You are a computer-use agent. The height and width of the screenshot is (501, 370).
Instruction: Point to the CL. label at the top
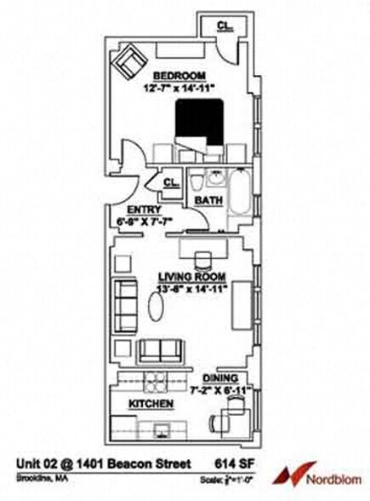224,26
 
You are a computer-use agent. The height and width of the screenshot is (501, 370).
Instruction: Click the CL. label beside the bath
170,181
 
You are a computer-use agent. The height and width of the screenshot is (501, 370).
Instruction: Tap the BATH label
208,200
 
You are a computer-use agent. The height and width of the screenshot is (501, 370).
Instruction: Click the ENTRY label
142,210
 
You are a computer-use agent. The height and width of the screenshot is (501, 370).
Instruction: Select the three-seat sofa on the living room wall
125,301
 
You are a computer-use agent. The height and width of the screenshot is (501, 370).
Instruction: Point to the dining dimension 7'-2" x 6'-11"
225,389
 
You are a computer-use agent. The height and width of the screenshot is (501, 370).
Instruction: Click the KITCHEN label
151,403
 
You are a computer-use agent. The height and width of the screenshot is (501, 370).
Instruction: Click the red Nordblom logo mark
295,471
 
